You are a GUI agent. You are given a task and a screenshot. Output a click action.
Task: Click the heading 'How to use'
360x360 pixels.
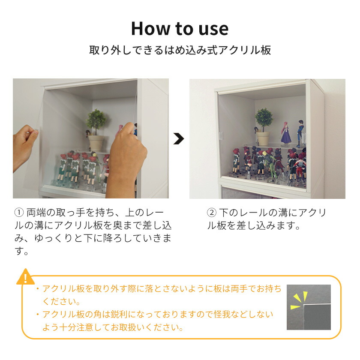(180, 28)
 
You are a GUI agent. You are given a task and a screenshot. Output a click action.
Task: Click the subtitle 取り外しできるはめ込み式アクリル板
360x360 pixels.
(180, 50)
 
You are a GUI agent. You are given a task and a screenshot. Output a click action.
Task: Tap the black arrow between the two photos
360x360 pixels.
(179, 138)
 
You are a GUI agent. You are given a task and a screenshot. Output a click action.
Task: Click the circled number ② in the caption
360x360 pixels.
(211, 213)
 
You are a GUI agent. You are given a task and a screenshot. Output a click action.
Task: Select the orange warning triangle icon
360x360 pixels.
(25, 277)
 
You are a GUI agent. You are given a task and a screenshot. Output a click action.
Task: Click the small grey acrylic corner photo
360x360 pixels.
(309, 307)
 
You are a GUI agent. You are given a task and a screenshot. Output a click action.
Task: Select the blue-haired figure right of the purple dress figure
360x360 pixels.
(300, 133)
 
